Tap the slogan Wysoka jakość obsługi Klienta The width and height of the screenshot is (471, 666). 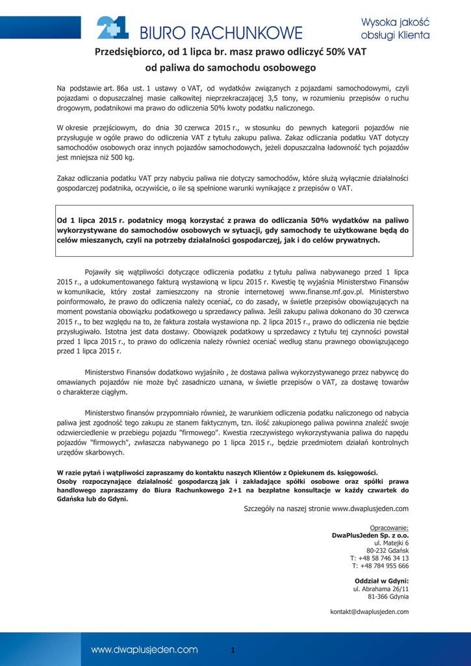(x=395, y=28)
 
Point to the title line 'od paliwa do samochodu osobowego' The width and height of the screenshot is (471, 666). (x=230, y=68)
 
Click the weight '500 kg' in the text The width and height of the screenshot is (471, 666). (x=121, y=157)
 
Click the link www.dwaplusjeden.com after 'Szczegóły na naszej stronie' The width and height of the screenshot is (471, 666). (x=370, y=509)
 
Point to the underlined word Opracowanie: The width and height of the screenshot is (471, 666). (x=389, y=527)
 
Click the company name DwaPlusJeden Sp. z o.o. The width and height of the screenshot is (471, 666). (x=370, y=535)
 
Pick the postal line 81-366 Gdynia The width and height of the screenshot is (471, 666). (x=388, y=596)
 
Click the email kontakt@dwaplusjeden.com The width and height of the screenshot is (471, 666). (x=370, y=612)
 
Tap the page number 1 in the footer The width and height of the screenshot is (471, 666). (x=232, y=650)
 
